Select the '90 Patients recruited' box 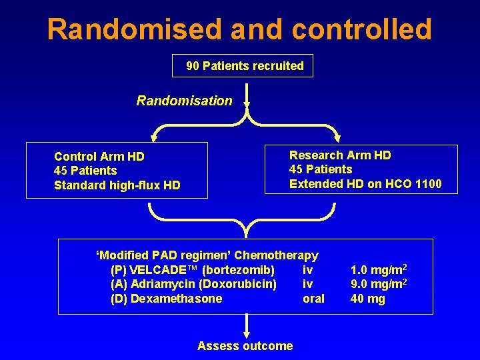tap(244, 66)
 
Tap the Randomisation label tap(184, 101)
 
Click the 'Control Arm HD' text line tap(99, 157)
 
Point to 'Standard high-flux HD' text tap(117, 185)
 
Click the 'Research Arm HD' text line tap(340, 155)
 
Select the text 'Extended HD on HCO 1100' tap(365, 183)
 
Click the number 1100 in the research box tap(428, 183)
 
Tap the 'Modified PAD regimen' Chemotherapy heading tap(207, 255)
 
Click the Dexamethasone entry tap(176, 299)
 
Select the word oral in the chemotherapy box tap(313, 299)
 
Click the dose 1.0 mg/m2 tap(378, 270)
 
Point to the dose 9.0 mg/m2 tap(378, 284)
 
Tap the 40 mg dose tap(367, 299)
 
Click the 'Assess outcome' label tap(245, 345)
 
